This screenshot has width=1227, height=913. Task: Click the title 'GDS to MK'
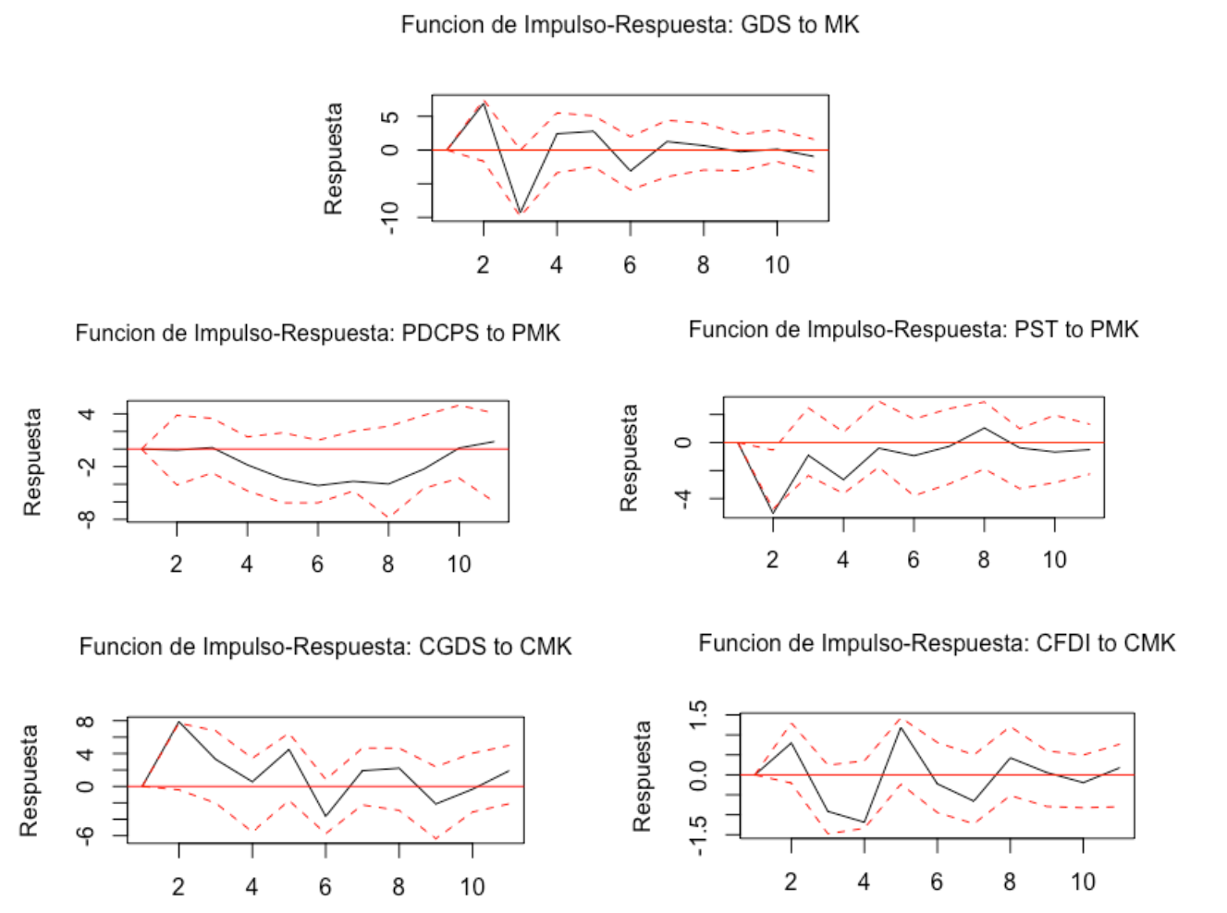pos(630,25)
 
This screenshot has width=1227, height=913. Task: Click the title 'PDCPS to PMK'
pos(317,333)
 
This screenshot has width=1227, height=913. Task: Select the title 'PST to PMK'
pos(913,330)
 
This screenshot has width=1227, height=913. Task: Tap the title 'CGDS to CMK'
pos(325,646)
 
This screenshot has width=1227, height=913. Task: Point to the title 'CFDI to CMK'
pos(936,643)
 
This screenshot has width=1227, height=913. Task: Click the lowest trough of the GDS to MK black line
pos(521,213)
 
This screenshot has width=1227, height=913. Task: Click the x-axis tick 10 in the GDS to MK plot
pos(777,265)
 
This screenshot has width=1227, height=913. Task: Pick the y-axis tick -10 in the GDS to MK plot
pos(390,218)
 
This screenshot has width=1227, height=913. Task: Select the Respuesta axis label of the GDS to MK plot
pos(333,158)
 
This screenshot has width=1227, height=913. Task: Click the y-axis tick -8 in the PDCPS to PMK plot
pos(86,519)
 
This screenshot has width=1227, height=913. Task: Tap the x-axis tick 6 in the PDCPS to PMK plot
pos(317,565)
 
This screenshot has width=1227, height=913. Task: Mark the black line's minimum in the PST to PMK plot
pos(773,513)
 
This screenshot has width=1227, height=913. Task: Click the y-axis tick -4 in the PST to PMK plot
pos(683,499)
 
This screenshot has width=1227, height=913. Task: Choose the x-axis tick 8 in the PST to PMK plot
pos(983,560)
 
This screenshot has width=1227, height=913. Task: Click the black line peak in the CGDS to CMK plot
pos(178,722)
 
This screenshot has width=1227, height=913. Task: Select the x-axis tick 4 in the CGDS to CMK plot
pos(252,887)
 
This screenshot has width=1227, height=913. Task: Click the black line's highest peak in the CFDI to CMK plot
pos(902,727)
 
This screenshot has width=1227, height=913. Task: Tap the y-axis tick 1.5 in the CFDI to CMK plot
pos(699,714)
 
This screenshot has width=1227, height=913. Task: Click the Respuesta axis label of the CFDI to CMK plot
pos(642,775)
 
